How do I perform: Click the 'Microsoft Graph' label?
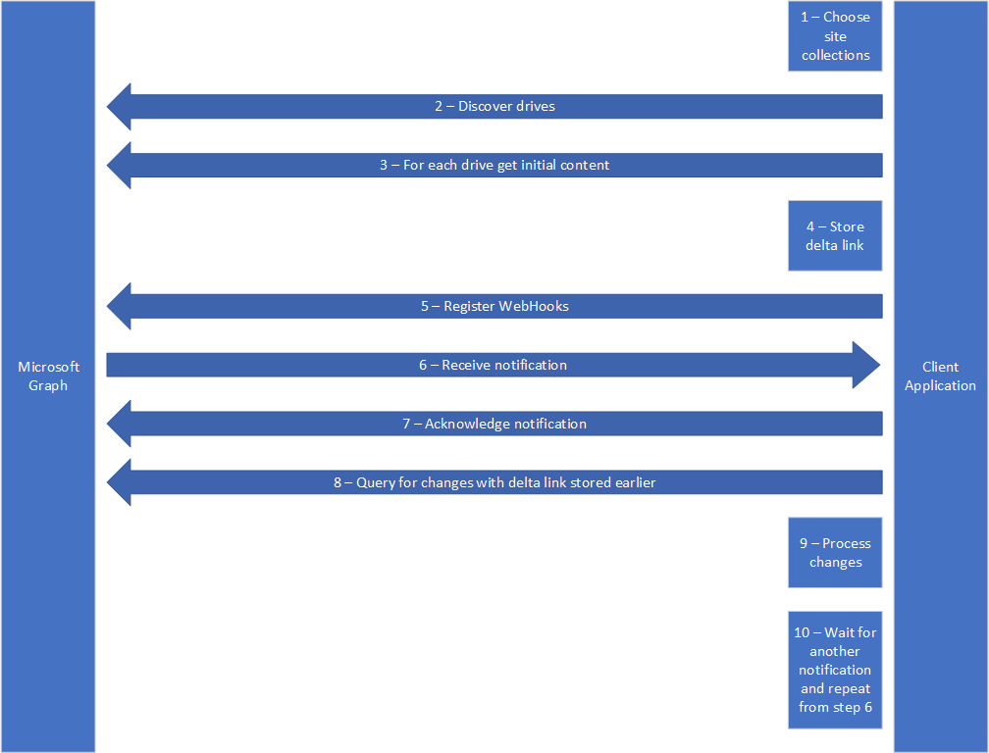(48, 376)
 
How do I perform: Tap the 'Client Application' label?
(940, 376)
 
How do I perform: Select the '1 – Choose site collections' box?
(835, 36)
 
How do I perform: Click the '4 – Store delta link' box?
(835, 235)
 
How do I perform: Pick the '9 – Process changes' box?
(835, 552)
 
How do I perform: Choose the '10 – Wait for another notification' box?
(835, 670)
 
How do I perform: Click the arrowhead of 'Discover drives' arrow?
(120, 106)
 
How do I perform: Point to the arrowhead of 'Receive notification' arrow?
(867, 365)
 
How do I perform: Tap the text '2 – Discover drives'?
(494, 106)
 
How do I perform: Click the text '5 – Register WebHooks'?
(494, 306)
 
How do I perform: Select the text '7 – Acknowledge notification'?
(494, 424)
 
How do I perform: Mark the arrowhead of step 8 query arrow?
(120, 482)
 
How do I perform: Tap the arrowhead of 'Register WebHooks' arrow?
(120, 306)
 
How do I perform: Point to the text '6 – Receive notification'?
(493, 365)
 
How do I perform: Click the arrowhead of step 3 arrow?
(120, 165)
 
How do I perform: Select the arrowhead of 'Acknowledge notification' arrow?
(120, 424)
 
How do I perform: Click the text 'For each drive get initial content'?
(506, 165)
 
